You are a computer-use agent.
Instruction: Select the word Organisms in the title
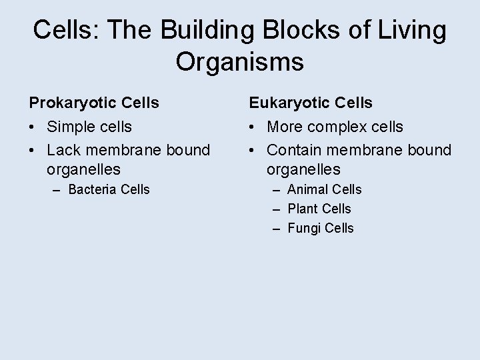click(x=240, y=62)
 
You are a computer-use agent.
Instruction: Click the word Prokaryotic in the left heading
click(x=71, y=103)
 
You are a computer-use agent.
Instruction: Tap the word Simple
click(x=71, y=127)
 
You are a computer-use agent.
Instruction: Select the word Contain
click(x=295, y=150)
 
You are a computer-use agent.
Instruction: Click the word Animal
click(x=307, y=189)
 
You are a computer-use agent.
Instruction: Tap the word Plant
click(x=303, y=209)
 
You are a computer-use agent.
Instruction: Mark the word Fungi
click(x=303, y=228)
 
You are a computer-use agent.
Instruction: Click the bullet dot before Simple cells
click(x=33, y=127)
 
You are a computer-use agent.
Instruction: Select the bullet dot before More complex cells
click(x=253, y=127)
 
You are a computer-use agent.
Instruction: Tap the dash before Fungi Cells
click(x=277, y=228)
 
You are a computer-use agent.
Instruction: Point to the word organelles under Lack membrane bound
click(x=84, y=170)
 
